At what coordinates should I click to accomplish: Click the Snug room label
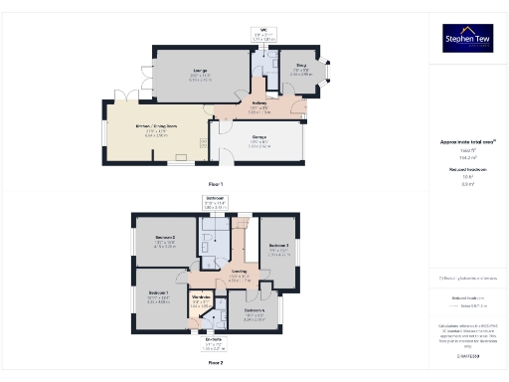[301, 69]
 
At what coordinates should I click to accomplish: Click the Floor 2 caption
[215, 363]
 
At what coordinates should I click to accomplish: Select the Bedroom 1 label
[159, 293]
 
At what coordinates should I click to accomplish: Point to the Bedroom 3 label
[278, 247]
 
